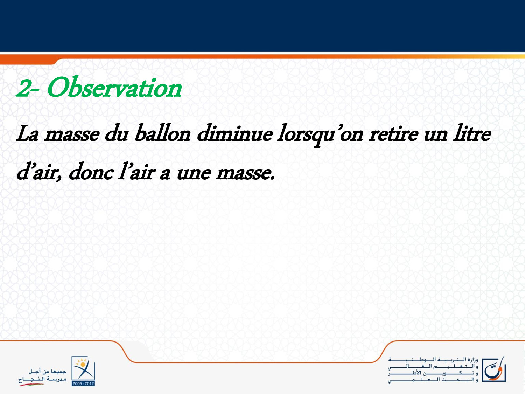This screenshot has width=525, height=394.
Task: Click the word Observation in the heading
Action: click(x=114, y=87)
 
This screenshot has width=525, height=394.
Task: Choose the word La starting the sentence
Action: click(x=27, y=134)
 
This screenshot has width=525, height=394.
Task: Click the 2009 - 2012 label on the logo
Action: click(x=83, y=383)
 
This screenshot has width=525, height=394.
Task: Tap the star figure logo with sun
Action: click(x=83, y=369)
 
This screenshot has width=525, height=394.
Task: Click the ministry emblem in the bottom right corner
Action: click(x=494, y=369)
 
